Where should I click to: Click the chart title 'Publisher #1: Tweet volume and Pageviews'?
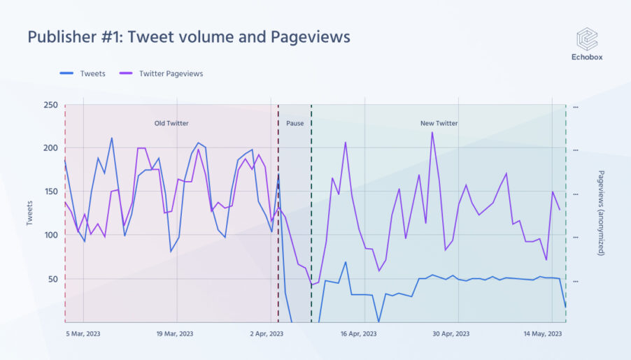[189, 36]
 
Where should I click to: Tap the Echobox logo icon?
[586, 39]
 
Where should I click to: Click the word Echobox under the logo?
[586, 57]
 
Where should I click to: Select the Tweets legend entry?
[84, 73]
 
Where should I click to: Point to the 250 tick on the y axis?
[50, 105]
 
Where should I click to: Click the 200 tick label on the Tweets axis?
[50, 148]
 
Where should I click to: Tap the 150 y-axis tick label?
[50, 192]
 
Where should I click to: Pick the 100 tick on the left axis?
[50, 235]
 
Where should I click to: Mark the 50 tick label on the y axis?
[52, 279]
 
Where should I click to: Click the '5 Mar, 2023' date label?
[83, 334]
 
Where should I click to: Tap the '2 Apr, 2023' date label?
[267, 334]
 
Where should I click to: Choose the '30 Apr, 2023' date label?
[452, 334]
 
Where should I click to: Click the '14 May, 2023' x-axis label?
[544, 334]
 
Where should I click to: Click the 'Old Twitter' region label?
[171, 124]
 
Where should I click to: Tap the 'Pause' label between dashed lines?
[295, 124]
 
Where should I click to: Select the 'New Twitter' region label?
[439, 124]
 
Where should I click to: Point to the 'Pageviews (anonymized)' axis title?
[602, 213]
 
